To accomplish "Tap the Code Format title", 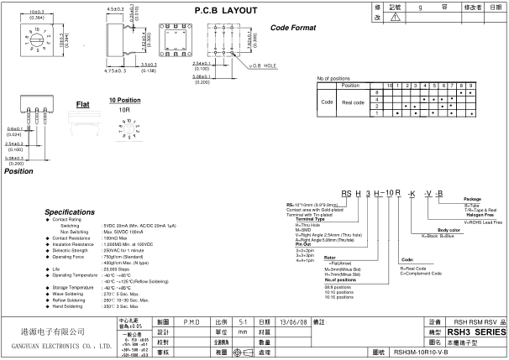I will click(x=292, y=28).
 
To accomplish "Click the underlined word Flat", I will click(x=83, y=105).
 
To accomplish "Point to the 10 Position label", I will click(x=125, y=100).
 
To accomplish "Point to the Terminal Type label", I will click(x=311, y=219).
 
